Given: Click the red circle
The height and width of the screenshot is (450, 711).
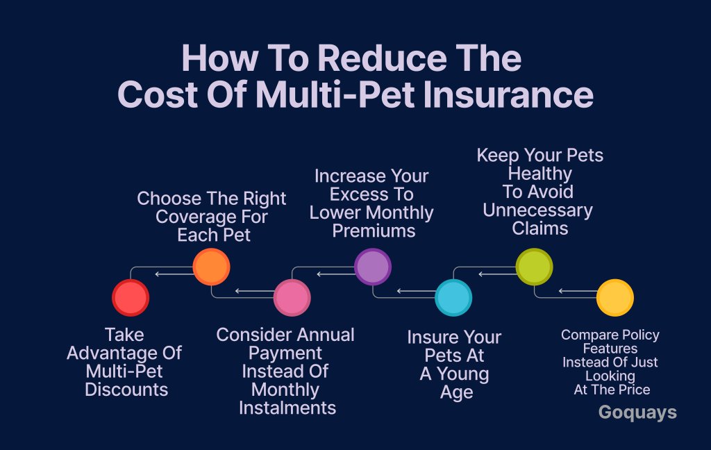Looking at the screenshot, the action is pos(131,298).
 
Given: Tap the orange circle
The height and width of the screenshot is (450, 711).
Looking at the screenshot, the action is pos(211,267).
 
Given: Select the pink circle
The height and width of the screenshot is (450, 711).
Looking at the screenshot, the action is pos(292,298).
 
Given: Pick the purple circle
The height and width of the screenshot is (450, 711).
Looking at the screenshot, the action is pos(373,267).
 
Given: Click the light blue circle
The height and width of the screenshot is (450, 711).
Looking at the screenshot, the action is pos(453,298).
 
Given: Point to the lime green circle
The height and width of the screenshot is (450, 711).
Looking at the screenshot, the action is pos(534,267).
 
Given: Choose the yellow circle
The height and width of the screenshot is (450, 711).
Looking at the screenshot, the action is pos(615,298).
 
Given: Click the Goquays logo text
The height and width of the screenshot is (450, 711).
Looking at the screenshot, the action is pos(637,412).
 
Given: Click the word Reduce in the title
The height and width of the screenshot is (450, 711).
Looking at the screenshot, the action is pos(383,58).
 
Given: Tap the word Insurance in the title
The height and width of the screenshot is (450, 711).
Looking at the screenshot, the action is pos(508,94).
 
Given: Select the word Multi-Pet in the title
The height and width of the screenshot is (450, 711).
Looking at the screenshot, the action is pos(335,94).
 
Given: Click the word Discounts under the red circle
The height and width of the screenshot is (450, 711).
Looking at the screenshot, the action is pos(126,390).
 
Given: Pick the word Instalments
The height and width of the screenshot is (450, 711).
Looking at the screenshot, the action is pos(287,408).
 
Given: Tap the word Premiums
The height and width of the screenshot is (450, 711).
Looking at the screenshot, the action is pos(374,231).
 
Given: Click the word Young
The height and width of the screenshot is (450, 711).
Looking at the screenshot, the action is pos(463,374).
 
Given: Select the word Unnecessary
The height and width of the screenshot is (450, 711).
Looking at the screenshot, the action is pos(538,210).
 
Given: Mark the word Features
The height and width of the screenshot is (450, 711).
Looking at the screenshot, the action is pos(610,349).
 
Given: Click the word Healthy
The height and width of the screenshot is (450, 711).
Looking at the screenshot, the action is pos(540,174).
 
